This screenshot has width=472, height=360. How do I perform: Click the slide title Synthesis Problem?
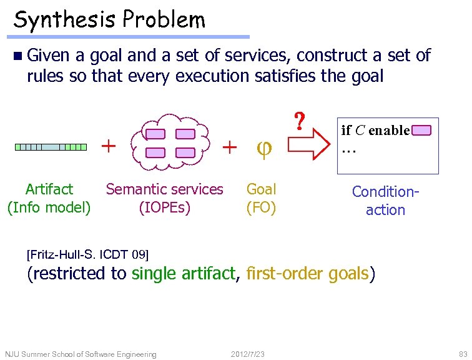tap(109, 20)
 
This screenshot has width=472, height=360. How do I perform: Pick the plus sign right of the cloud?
tap(230, 147)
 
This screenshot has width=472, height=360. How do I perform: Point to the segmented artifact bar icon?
tap(51, 147)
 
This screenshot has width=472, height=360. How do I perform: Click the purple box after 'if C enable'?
tap(422, 131)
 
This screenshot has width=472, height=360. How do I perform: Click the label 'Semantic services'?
tap(165, 189)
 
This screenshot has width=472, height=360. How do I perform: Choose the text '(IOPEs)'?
tap(165, 207)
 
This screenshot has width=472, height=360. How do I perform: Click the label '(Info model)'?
tap(49, 207)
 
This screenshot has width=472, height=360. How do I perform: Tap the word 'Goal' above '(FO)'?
tap(262, 189)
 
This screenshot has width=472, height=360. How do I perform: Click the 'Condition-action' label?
tap(385, 201)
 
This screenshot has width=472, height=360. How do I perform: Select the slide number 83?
tap(462, 354)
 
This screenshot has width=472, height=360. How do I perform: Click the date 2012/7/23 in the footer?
tap(247, 354)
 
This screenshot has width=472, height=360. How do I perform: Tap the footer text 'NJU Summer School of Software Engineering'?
tap(81, 354)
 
